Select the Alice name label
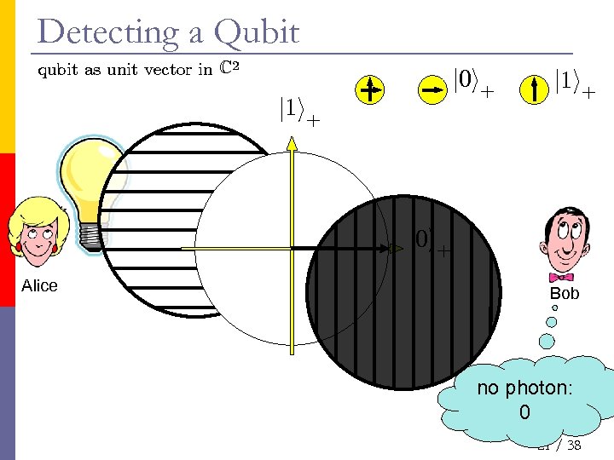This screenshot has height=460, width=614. pyautogui.click(x=39, y=286)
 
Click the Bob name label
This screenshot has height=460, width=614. pyautogui.click(x=564, y=294)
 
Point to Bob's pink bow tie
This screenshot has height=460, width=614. pyautogui.click(x=561, y=277)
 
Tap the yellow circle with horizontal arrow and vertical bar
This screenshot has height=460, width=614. pyautogui.click(x=369, y=90)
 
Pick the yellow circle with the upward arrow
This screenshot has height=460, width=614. pyautogui.click(x=535, y=89)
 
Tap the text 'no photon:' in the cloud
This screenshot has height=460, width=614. pyautogui.click(x=524, y=388)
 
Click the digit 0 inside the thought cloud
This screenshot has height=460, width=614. pyautogui.click(x=524, y=413)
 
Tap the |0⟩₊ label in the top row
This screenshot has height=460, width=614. pyautogui.click(x=472, y=83)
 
